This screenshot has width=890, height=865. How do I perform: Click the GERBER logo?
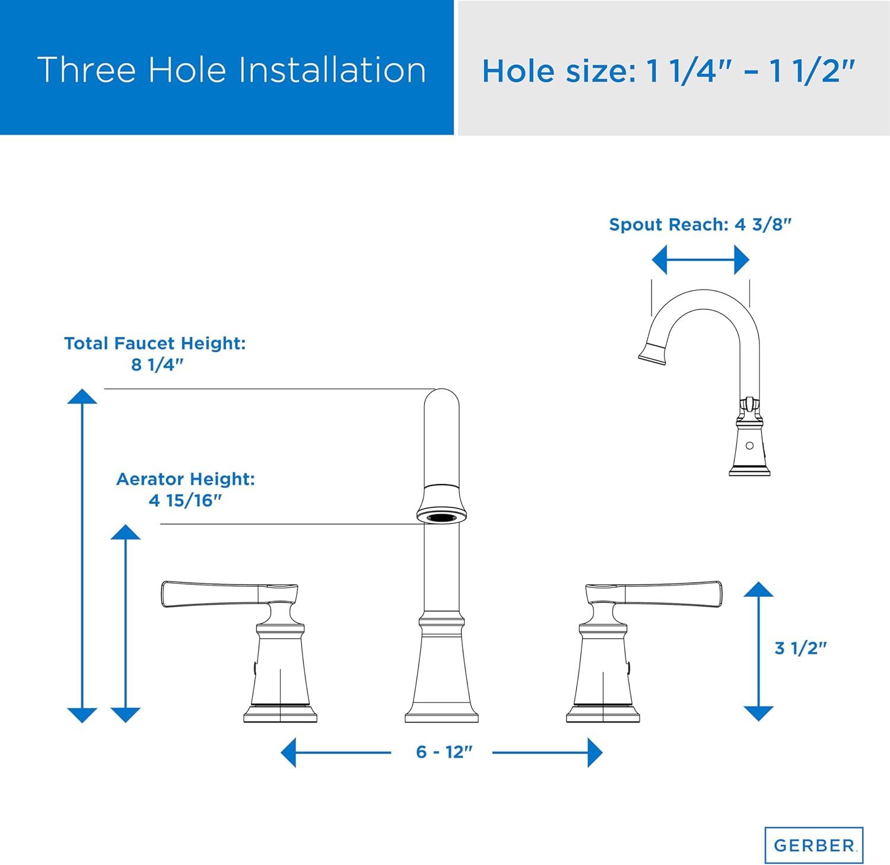(x=813, y=844)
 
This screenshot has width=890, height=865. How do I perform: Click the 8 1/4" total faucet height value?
(x=154, y=365)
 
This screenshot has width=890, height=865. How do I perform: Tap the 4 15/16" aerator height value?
(x=185, y=501)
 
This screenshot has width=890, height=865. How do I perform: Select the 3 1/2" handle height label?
(x=800, y=648)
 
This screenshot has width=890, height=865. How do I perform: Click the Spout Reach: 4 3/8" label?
(x=700, y=225)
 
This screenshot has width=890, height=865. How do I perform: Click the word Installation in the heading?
(x=332, y=69)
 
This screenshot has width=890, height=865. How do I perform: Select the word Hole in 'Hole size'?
(x=520, y=71)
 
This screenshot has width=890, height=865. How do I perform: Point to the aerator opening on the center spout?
(x=441, y=517)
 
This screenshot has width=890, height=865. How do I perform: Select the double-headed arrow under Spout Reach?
(x=700, y=260)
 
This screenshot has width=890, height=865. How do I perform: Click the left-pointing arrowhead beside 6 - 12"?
(x=289, y=752)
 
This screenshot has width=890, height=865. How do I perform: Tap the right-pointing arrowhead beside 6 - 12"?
(x=595, y=752)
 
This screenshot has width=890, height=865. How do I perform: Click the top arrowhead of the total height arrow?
(x=82, y=396)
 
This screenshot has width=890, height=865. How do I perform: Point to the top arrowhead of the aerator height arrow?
(x=126, y=532)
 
